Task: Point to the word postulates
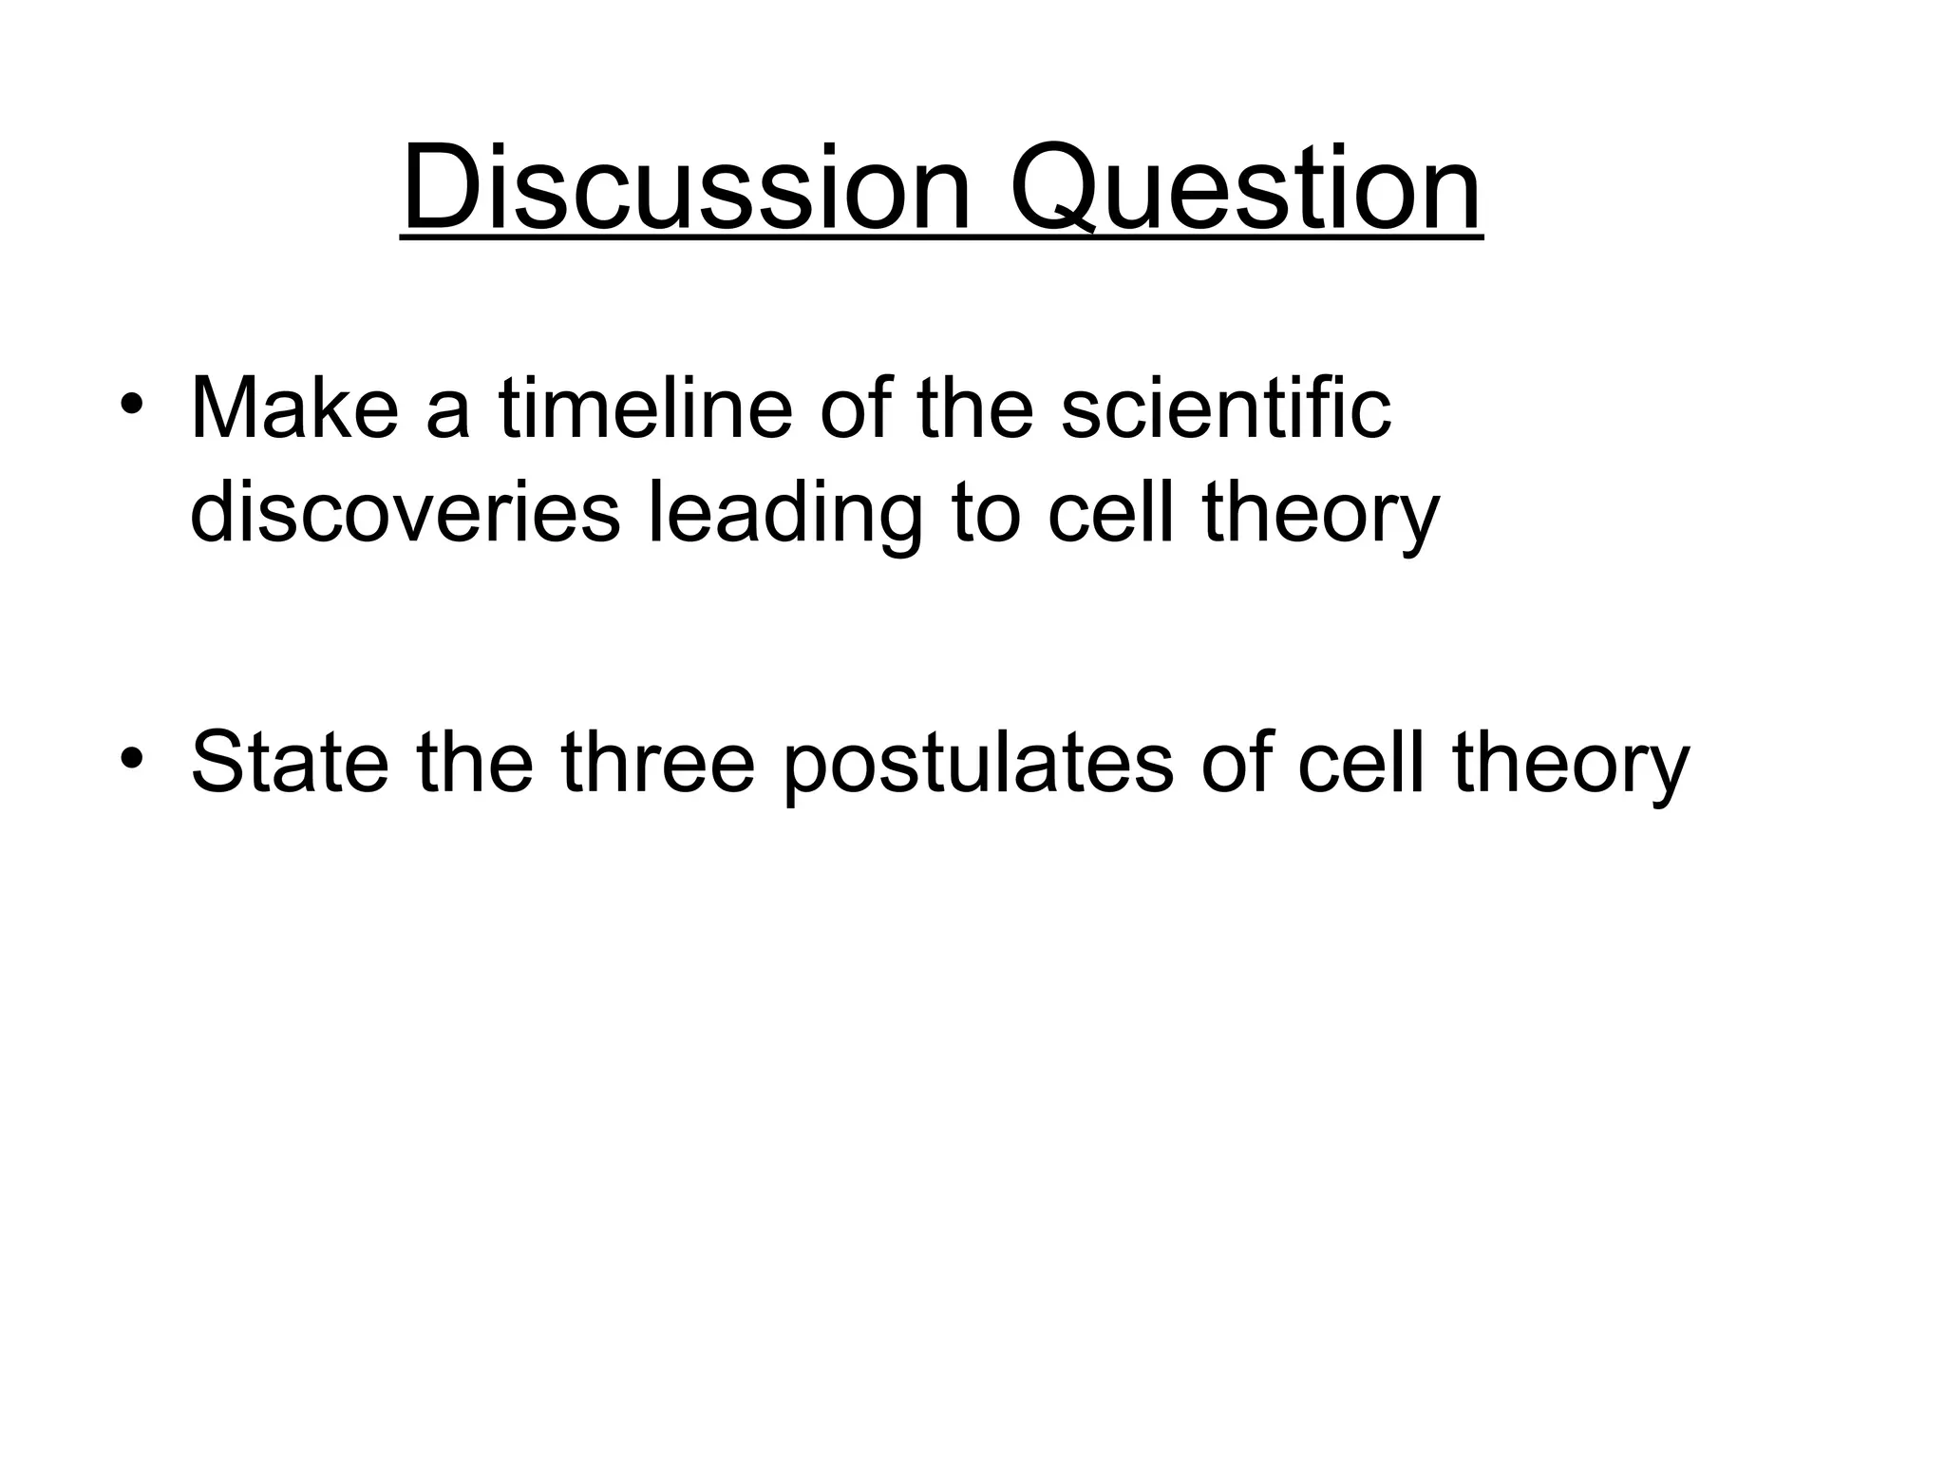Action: click(x=978, y=766)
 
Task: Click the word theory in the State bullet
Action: click(x=1571, y=766)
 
